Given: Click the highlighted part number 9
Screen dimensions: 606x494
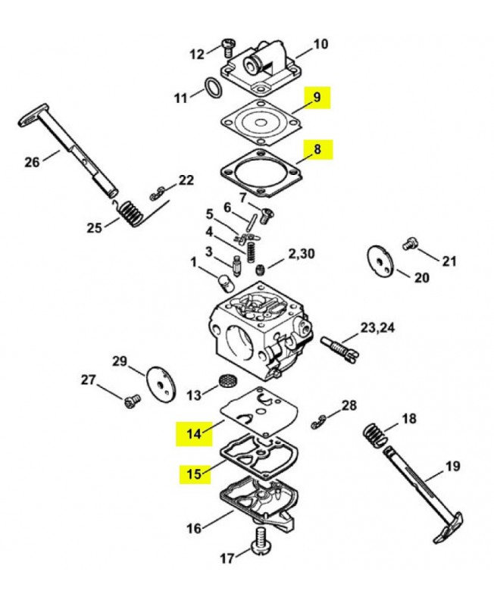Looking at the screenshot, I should (x=317, y=97).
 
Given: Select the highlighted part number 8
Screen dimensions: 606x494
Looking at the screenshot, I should (x=317, y=150).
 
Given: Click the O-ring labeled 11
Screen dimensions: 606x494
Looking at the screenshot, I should (x=214, y=89).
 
